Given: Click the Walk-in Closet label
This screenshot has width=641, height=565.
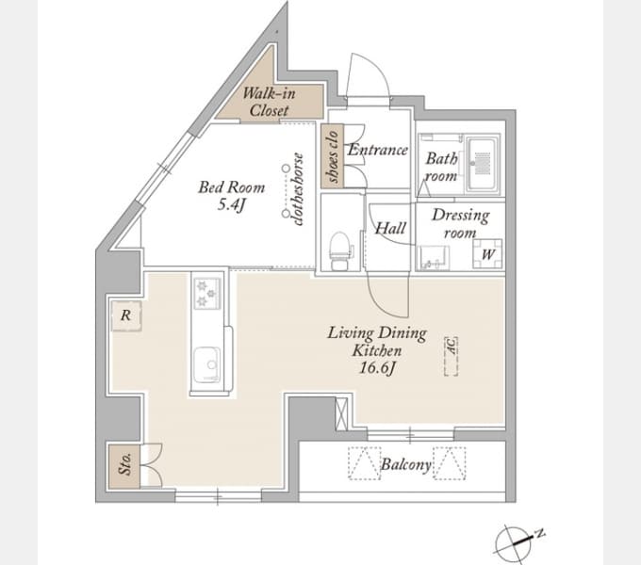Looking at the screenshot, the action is coord(268,102).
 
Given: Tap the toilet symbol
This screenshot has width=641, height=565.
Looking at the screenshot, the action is coord(339,250).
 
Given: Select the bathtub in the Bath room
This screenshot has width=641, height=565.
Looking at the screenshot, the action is coord(484,165).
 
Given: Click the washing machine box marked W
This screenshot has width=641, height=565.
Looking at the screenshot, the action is coord(487,254).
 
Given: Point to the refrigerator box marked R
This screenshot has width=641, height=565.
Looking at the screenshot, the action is coord(126,315).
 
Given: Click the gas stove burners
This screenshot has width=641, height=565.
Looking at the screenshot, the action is coord(206,293).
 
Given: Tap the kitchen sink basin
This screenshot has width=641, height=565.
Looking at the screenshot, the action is coord(206,363).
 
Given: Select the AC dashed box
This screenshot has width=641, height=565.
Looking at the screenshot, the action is coord(451,356).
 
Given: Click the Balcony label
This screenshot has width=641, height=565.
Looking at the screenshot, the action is coord(405,464).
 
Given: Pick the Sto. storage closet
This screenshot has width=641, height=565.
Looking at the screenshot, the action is coord(124,466).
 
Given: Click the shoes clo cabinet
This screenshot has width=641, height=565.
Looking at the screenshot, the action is coord(332,156).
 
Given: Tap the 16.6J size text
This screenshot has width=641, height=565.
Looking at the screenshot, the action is coord(376,368).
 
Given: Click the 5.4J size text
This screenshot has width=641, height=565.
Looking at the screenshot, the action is coord(231,204).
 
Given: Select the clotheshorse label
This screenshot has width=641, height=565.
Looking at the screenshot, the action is coord(298,189).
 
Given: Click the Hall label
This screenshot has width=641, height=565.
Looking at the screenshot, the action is coord(390,228).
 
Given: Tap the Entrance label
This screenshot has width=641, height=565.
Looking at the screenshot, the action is coord(377,150).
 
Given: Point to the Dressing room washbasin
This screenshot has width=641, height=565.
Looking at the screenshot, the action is coord(433,258).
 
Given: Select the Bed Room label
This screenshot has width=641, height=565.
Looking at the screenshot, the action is coord(232,187).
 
